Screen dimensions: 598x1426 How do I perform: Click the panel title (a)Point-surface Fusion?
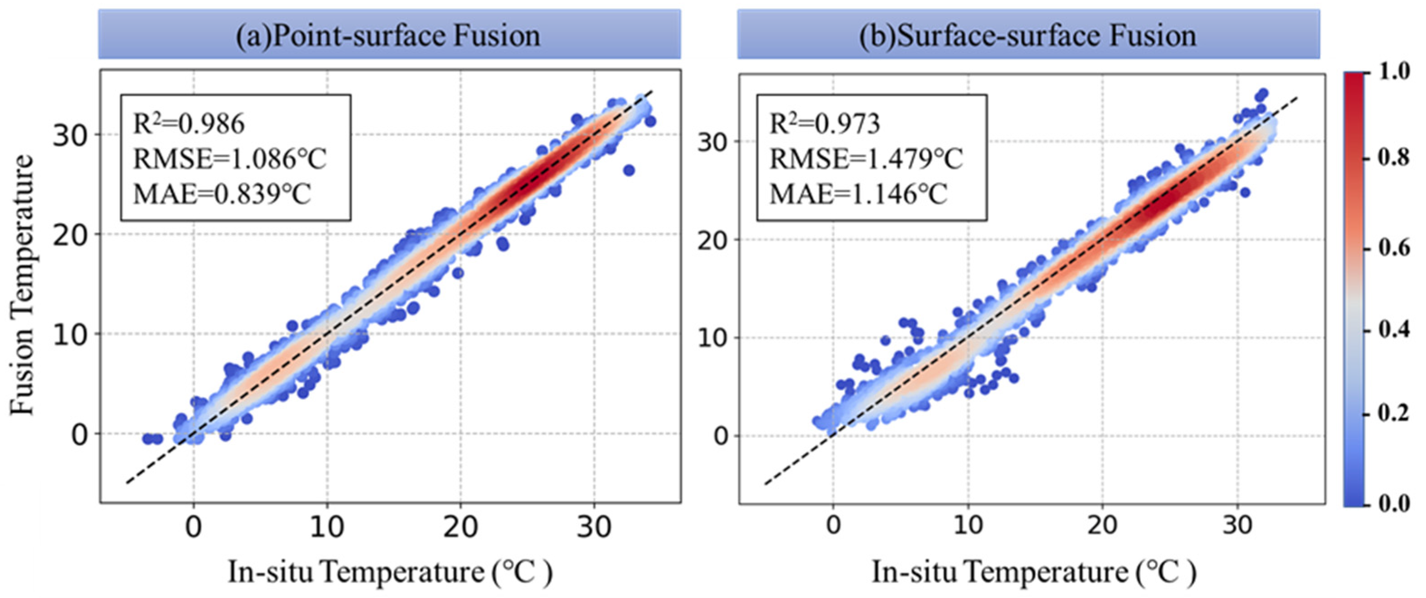pos(389,35)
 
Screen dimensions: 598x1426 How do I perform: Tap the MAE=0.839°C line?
pos(222,194)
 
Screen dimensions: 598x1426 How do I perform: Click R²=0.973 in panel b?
pos(825,123)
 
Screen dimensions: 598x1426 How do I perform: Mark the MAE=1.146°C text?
pos(859,194)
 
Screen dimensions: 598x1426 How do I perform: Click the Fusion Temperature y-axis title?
pos(22,285)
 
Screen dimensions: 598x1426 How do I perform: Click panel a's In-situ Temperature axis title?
pos(390,571)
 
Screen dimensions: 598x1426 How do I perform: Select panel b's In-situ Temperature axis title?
pos(1034,571)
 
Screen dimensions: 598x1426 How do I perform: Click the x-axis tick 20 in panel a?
pos(460,527)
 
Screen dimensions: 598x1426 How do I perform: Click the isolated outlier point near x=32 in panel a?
pos(628,171)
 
